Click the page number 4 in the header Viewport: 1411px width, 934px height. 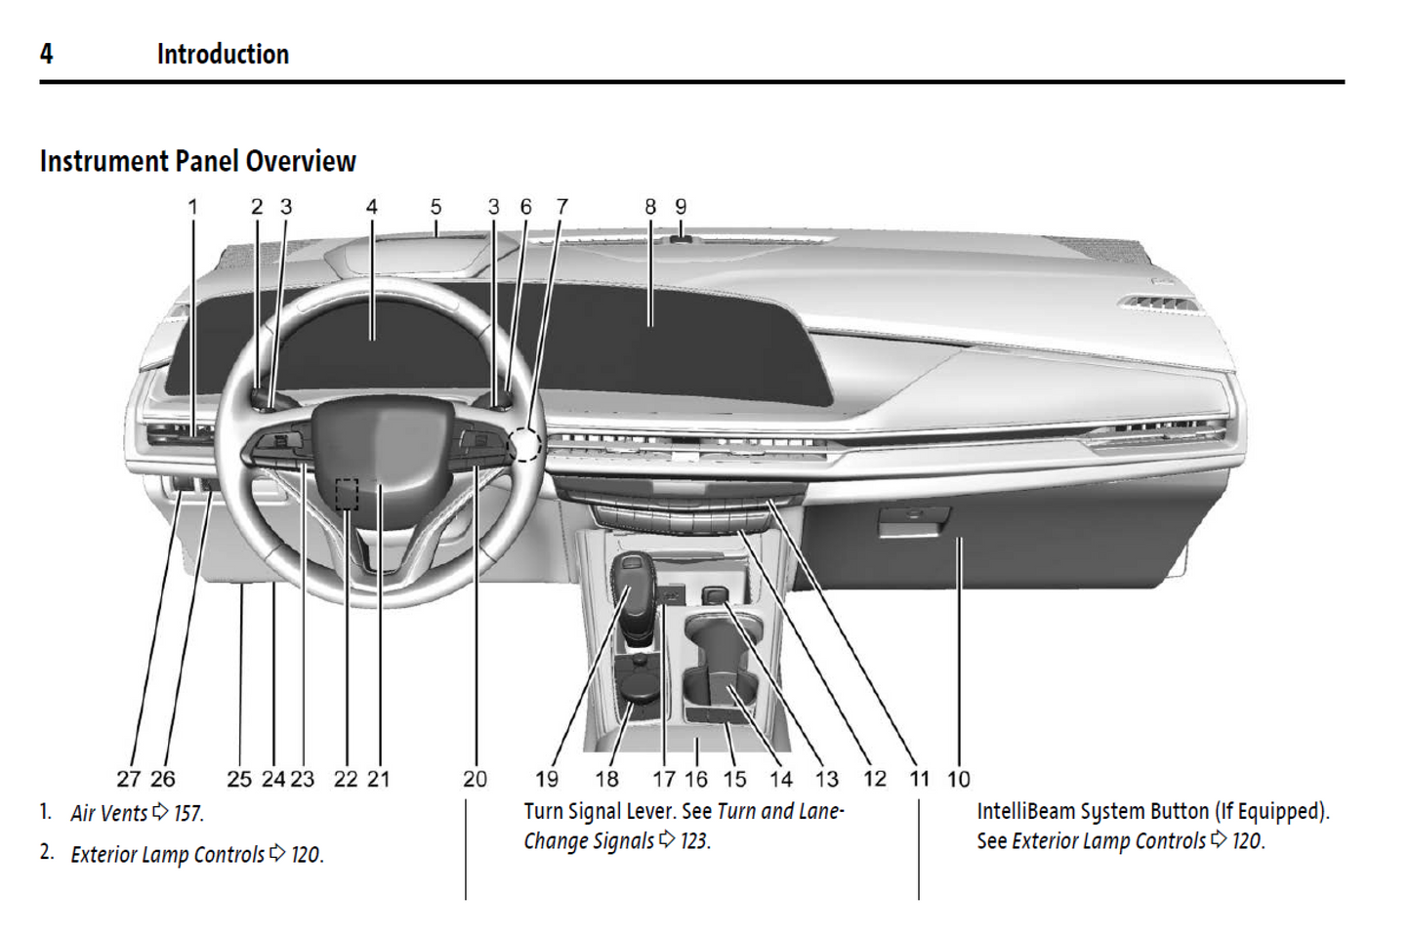click(x=46, y=54)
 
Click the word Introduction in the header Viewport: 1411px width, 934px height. click(x=223, y=55)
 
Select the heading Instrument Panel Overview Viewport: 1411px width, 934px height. click(x=197, y=161)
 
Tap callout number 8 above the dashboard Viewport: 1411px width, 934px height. click(x=650, y=207)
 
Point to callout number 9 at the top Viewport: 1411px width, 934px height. click(x=681, y=207)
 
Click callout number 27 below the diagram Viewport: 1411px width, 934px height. click(x=129, y=779)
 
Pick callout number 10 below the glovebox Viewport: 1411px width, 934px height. click(x=959, y=779)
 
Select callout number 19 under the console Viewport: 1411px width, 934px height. click(x=547, y=779)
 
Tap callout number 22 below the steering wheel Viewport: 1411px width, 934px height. click(x=346, y=779)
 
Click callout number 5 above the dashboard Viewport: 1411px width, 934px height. click(x=436, y=207)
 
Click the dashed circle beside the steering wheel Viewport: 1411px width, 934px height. click(x=525, y=444)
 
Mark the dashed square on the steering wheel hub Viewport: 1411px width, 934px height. click(x=347, y=494)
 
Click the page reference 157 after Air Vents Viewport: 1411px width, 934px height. click(x=188, y=813)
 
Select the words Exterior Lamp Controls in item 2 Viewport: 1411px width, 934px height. click(x=167, y=855)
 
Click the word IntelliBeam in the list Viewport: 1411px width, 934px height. click(x=1019, y=811)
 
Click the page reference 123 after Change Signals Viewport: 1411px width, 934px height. click(x=694, y=841)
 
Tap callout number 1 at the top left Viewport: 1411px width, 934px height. click(x=192, y=207)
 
